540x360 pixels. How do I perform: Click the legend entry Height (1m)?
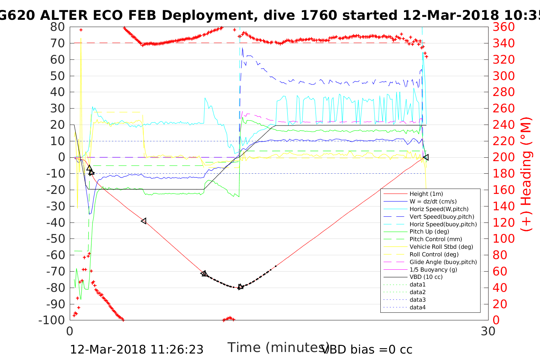[x=426, y=194]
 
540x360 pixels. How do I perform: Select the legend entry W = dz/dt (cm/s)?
[x=433, y=202]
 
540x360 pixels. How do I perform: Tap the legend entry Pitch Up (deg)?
[x=429, y=232]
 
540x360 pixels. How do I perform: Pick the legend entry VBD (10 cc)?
[x=426, y=277]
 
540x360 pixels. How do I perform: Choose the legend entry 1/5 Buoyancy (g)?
[x=433, y=270]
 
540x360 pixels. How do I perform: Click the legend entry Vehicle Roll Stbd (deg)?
[x=441, y=247]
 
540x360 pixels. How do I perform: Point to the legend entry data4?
[x=418, y=307]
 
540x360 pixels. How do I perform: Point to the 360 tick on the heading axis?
[x=503, y=27]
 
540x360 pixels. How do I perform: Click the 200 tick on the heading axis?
[x=503, y=157]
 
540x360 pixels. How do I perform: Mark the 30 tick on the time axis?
[x=488, y=331]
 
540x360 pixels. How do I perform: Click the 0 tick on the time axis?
[x=70, y=331]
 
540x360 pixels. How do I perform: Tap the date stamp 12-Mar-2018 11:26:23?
[x=136, y=350]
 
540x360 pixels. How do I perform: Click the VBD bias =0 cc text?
[x=367, y=350]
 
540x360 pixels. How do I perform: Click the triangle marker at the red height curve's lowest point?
[x=240, y=287]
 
